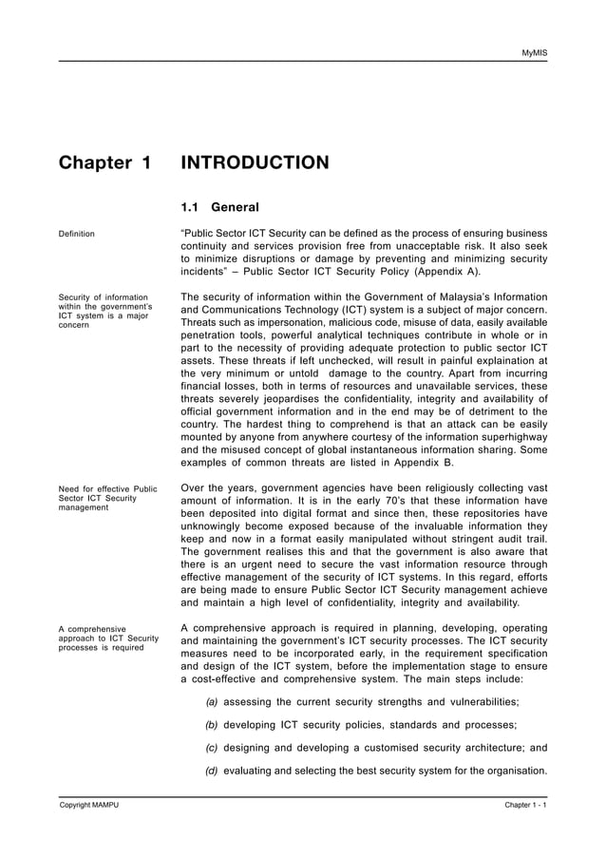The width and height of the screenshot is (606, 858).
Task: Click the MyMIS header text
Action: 534,51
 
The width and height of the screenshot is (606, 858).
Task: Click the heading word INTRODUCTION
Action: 255,163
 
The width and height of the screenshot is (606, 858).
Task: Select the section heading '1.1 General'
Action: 219,206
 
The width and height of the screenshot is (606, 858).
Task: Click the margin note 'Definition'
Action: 77,234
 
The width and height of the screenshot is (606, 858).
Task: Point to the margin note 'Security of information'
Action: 104,297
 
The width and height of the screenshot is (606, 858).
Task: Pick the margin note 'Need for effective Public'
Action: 108,489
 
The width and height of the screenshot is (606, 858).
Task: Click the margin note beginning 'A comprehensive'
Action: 92,628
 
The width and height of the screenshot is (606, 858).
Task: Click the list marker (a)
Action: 212,702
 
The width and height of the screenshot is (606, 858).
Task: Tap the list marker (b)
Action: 212,725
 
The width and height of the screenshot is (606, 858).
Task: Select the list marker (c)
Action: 212,748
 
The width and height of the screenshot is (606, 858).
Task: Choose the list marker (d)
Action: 212,771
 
